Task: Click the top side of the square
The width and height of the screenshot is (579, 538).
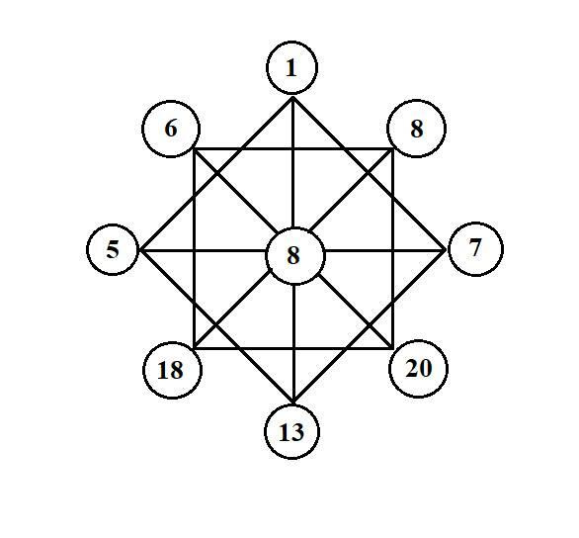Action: click(x=293, y=149)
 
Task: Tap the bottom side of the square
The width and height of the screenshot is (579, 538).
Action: click(x=293, y=348)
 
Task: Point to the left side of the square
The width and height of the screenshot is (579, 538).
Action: click(x=195, y=248)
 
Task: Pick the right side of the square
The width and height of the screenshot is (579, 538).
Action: click(x=393, y=248)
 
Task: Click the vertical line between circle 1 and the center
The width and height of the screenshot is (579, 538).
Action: click(x=292, y=162)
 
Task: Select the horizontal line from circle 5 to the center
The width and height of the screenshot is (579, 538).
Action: click(x=203, y=251)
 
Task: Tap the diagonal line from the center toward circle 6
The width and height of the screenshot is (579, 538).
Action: click(x=236, y=192)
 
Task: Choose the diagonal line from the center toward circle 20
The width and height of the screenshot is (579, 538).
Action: click(x=356, y=312)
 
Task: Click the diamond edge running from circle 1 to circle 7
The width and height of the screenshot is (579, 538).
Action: click(x=369, y=174)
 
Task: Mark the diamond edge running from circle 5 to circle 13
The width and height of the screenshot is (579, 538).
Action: click(x=216, y=326)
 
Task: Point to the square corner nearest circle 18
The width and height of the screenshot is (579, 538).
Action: click(x=195, y=348)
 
